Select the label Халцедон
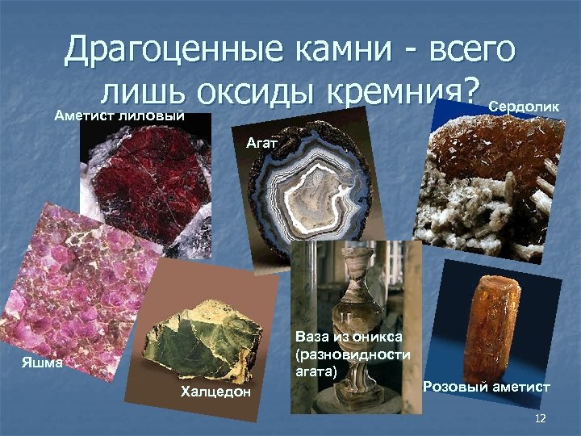pyautogui.click(x=216, y=392)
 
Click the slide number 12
pyautogui.click(x=540, y=417)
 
